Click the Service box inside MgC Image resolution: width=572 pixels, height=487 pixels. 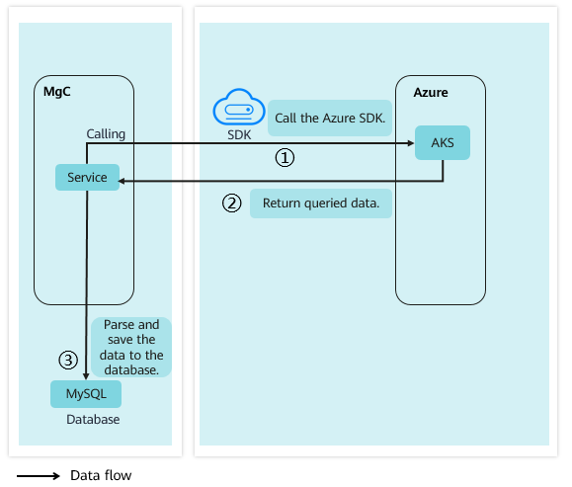(x=87, y=177)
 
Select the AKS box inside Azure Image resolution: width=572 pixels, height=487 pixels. (x=443, y=142)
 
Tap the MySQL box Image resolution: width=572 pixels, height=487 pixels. (x=86, y=394)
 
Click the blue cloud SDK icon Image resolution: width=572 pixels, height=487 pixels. (x=239, y=107)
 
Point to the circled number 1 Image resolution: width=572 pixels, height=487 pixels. (x=285, y=158)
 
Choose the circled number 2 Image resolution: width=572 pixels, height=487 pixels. (x=231, y=203)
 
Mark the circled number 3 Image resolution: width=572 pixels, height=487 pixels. (x=68, y=360)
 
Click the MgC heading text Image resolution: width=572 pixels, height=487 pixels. (x=57, y=92)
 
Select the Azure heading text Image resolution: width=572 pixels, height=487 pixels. (x=431, y=92)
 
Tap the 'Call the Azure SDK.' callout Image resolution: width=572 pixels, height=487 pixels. (x=330, y=119)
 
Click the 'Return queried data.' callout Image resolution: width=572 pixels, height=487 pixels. (x=321, y=203)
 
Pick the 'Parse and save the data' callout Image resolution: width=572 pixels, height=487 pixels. (x=131, y=347)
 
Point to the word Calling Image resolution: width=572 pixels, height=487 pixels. (x=106, y=134)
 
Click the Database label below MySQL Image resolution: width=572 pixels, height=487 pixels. (x=93, y=420)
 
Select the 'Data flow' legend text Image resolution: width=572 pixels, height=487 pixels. (x=101, y=475)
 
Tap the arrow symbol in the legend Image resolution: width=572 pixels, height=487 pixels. (x=39, y=476)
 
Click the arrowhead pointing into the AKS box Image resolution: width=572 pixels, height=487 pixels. (x=411, y=143)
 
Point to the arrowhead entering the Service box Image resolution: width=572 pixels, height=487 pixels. (x=122, y=181)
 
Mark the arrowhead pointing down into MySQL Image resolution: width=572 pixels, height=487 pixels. (x=86, y=376)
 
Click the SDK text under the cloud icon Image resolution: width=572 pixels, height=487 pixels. (x=239, y=135)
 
